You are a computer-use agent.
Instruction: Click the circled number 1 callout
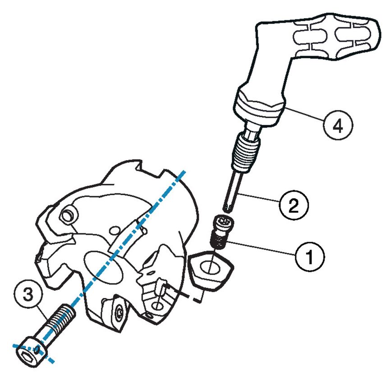click(x=310, y=257)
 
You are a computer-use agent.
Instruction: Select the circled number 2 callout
click(x=293, y=205)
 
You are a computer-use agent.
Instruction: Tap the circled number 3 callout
click(x=28, y=294)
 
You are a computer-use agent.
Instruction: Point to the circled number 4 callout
click(x=338, y=125)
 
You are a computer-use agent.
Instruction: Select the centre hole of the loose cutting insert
click(x=210, y=268)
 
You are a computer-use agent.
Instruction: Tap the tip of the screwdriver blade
click(x=228, y=208)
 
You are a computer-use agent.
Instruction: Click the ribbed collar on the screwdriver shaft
click(x=246, y=152)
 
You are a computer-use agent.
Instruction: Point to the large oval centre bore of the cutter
click(x=103, y=268)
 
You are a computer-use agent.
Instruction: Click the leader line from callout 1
click(x=261, y=249)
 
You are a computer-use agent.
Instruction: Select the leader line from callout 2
click(x=260, y=197)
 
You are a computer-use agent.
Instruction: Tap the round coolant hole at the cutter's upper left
click(x=67, y=216)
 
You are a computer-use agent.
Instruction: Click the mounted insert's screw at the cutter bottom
click(x=120, y=312)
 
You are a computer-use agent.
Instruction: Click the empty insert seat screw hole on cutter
click(x=157, y=306)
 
